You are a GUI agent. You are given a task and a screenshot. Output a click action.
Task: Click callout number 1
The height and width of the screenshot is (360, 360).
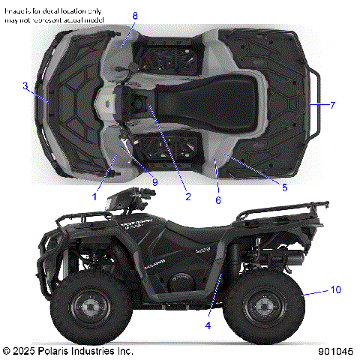click(95, 196)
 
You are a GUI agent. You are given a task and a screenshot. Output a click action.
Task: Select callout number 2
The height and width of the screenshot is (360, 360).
click(187, 197)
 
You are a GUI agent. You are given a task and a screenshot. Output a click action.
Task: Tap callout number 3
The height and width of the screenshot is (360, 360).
click(25, 86)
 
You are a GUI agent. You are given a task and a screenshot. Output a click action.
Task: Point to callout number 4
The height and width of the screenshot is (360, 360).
click(208, 325)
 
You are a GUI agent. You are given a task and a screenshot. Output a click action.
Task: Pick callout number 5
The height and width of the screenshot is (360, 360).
click(284, 187)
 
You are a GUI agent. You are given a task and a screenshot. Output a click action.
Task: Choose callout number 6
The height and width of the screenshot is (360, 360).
click(218, 200)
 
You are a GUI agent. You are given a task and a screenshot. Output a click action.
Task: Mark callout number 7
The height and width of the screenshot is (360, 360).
click(332, 105)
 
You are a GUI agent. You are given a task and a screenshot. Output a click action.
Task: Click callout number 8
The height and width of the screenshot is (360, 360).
click(135, 16)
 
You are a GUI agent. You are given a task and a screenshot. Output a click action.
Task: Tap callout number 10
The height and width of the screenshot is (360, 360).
click(335, 289)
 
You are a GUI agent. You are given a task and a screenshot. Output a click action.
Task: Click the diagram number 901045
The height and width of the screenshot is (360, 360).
click(334, 351)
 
